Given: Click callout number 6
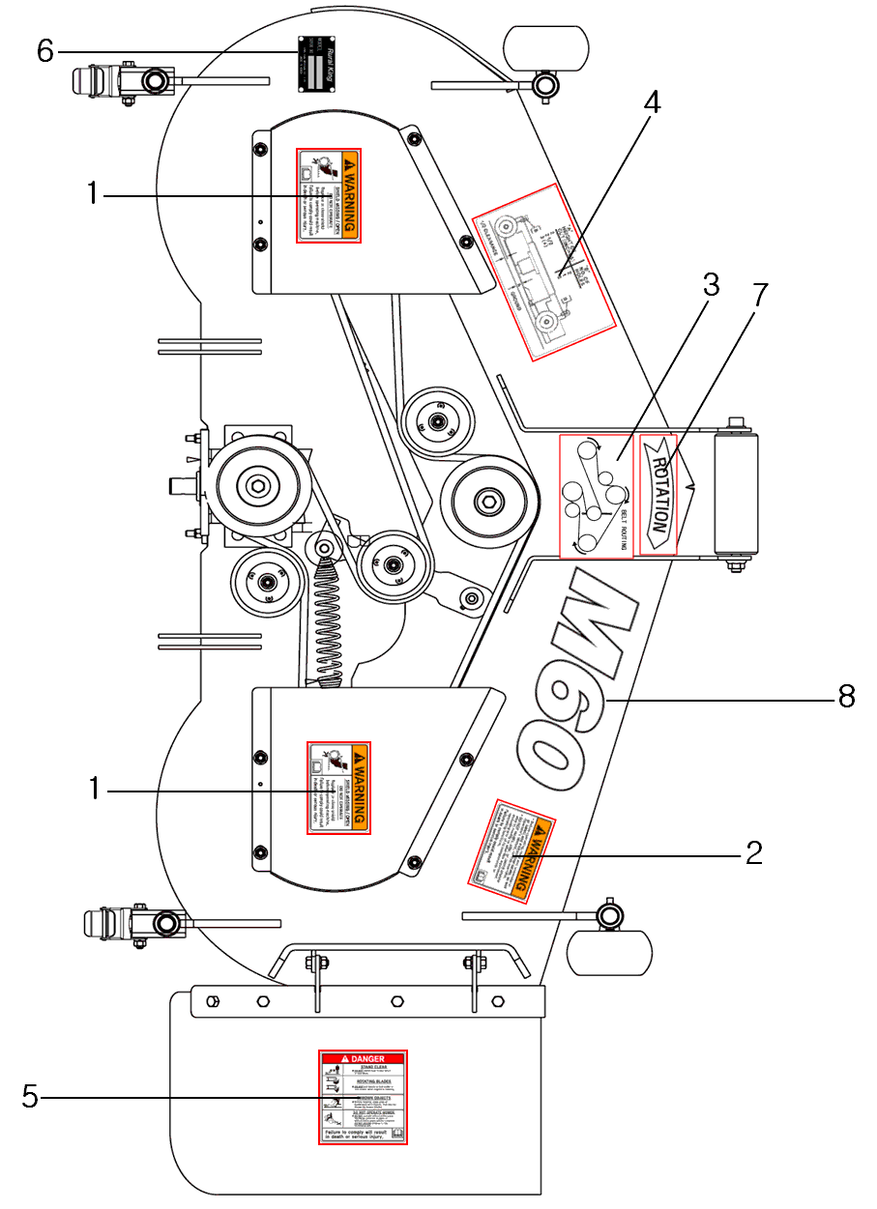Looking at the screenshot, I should [x=44, y=50].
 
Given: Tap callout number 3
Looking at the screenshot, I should [x=711, y=285].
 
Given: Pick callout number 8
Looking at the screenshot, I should [x=846, y=697].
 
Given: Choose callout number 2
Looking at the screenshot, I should [x=753, y=852].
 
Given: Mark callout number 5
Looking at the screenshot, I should [x=30, y=1097].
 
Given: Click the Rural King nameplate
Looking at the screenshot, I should [x=315, y=65].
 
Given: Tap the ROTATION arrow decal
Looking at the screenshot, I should [x=658, y=494].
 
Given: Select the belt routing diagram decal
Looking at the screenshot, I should [x=596, y=496].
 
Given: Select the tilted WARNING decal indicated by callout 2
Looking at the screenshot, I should [x=511, y=849].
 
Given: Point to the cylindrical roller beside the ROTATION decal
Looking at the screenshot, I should [x=736, y=494].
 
